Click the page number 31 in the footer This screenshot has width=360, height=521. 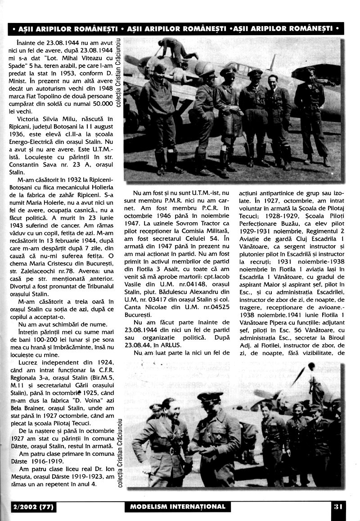click(x=338, y=506)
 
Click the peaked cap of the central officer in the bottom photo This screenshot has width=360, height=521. click(x=209, y=396)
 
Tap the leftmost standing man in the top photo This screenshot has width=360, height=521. click(x=162, y=117)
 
